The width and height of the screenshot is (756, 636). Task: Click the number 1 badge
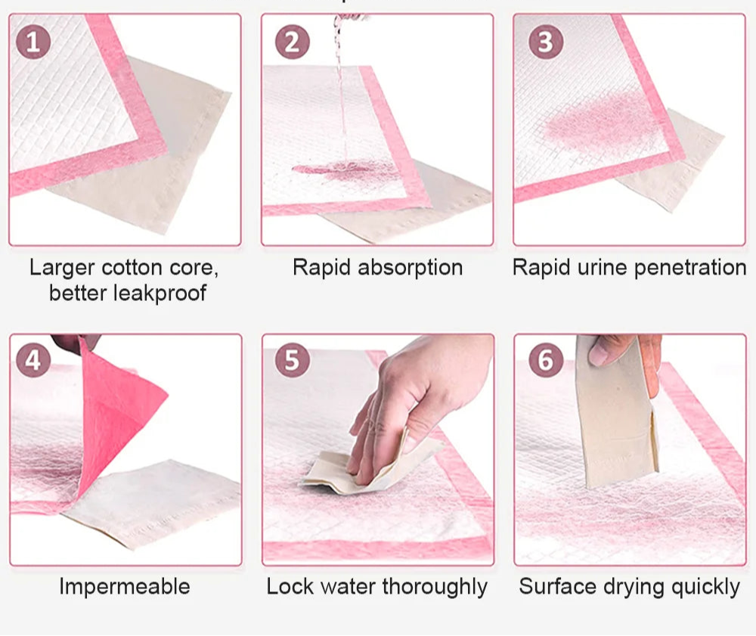(x=33, y=42)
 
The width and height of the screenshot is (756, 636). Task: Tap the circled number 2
(x=292, y=42)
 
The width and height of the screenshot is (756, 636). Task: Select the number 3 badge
(x=546, y=42)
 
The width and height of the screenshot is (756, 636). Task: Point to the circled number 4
(x=33, y=360)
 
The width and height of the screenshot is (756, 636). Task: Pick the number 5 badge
(x=292, y=360)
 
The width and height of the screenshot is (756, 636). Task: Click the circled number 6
(x=546, y=360)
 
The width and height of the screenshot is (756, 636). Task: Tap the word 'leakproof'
(x=160, y=293)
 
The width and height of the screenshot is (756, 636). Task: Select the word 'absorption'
(x=411, y=268)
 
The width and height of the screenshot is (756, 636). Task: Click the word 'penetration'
(x=690, y=268)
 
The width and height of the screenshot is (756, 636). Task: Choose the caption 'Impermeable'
(x=125, y=587)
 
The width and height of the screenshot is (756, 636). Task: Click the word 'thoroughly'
(x=435, y=588)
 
